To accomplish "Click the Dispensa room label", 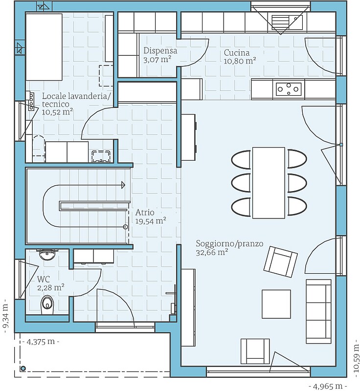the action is click(160, 55).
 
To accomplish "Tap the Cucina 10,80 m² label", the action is click(240, 57).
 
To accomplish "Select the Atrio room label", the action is click(151, 217).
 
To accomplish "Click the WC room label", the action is click(51, 283).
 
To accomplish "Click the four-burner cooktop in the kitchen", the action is click(289, 89).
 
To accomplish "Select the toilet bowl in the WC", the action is click(47, 304).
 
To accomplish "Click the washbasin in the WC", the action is click(47, 254).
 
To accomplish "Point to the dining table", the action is click(269, 182).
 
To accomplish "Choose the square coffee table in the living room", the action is click(276, 304).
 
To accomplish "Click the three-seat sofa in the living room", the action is click(318, 311).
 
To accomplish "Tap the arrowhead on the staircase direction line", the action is click(123, 185).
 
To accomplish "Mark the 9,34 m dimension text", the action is click(6, 318).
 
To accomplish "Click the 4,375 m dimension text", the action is click(40, 341).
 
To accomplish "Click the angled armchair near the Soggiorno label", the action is click(280, 261).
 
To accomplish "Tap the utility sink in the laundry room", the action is click(101, 156).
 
